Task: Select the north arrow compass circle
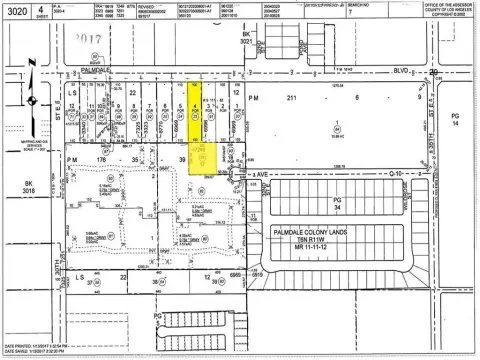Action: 30,99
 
